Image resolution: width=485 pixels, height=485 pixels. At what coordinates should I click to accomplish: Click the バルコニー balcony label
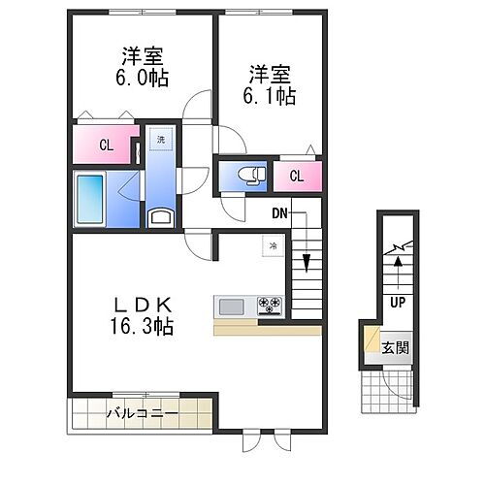[142, 414]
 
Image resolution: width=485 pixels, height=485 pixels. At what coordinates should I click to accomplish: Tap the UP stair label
[398, 303]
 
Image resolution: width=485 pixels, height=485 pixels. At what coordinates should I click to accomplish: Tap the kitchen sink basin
[232, 307]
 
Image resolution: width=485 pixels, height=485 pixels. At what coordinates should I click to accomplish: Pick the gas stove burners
[269, 307]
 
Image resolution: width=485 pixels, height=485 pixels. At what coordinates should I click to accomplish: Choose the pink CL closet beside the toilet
[295, 177]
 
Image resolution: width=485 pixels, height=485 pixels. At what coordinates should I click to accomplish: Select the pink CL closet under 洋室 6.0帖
[105, 145]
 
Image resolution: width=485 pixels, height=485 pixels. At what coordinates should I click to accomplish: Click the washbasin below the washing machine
[160, 216]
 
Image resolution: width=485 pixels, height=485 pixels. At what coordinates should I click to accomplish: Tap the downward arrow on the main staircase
[306, 261]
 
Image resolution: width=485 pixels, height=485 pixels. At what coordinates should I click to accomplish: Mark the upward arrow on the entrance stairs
[397, 274]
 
